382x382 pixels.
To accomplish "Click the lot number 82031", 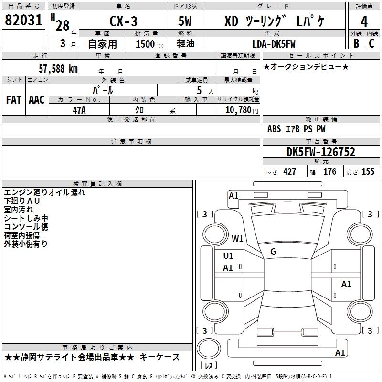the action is point(23,20).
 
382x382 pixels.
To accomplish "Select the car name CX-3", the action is point(123,21).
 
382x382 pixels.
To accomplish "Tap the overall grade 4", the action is point(364,22).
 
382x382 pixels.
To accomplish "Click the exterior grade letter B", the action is point(356,43).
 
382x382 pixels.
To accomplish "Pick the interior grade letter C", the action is point(371,43).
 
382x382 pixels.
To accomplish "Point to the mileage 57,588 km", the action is point(58,69).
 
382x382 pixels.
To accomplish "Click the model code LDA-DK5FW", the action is point(274,44).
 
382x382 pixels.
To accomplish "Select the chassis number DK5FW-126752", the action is point(321,152).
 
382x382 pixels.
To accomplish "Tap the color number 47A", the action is point(79,110).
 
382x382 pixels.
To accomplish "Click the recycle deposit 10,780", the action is point(238,110).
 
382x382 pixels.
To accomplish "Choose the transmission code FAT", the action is point(14,100).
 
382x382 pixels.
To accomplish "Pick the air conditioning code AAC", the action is point(37,100).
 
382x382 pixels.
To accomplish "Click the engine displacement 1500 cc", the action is point(150,44).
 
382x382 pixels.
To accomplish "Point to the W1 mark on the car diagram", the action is point(237,238).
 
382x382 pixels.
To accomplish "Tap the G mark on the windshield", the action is point(273,252).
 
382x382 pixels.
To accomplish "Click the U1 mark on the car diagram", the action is point(228,256).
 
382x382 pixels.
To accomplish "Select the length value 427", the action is point(289,171).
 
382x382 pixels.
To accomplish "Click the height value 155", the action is point(368,171).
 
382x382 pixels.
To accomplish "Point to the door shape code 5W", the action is point(185,21).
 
